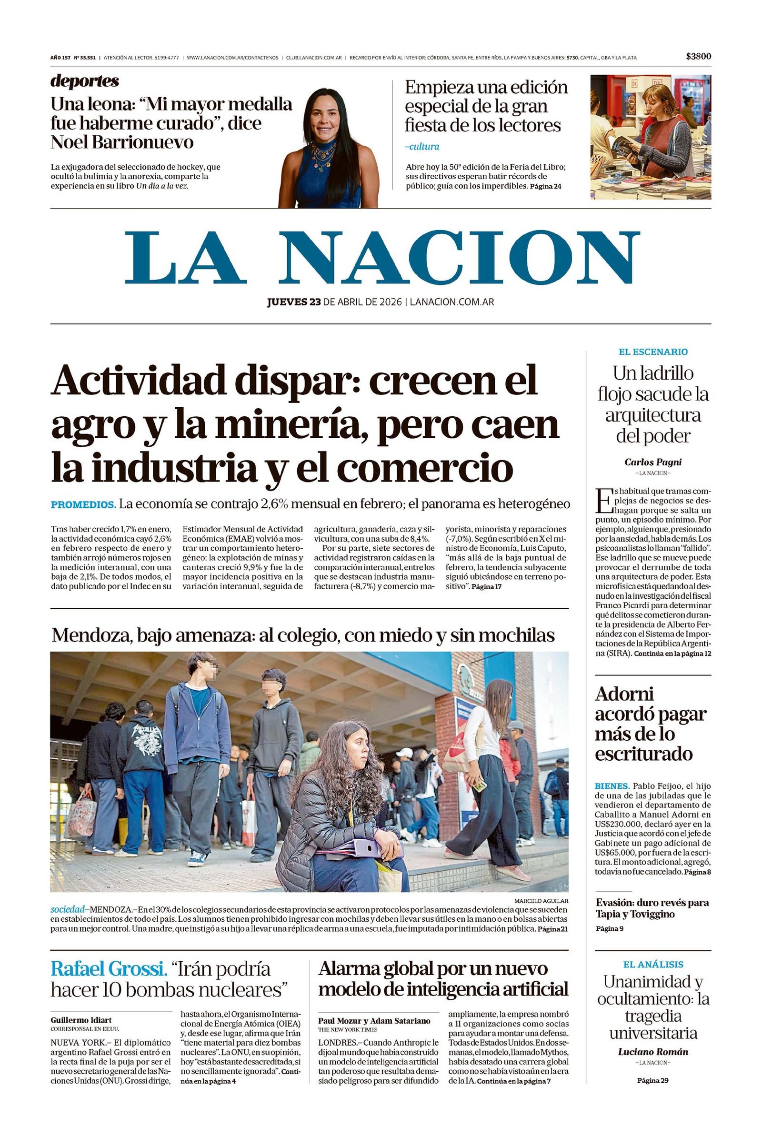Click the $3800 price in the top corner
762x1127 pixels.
point(698,56)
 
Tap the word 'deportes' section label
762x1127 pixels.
point(84,81)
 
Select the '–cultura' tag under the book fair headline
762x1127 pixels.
point(421,146)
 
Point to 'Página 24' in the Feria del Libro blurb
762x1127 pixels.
point(545,186)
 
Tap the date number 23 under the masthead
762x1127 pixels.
point(315,302)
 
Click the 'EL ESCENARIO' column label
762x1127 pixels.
point(652,352)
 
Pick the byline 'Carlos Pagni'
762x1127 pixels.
point(652,462)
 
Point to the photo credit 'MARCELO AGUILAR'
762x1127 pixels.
point(541,901)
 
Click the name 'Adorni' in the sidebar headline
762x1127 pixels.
point(624,694)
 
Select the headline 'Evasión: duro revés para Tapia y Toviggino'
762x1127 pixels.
point(652,908)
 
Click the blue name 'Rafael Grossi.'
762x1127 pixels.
point(109,969)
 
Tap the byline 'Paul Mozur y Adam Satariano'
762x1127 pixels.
point(374,1021)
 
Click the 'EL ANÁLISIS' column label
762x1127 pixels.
point(652,964)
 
